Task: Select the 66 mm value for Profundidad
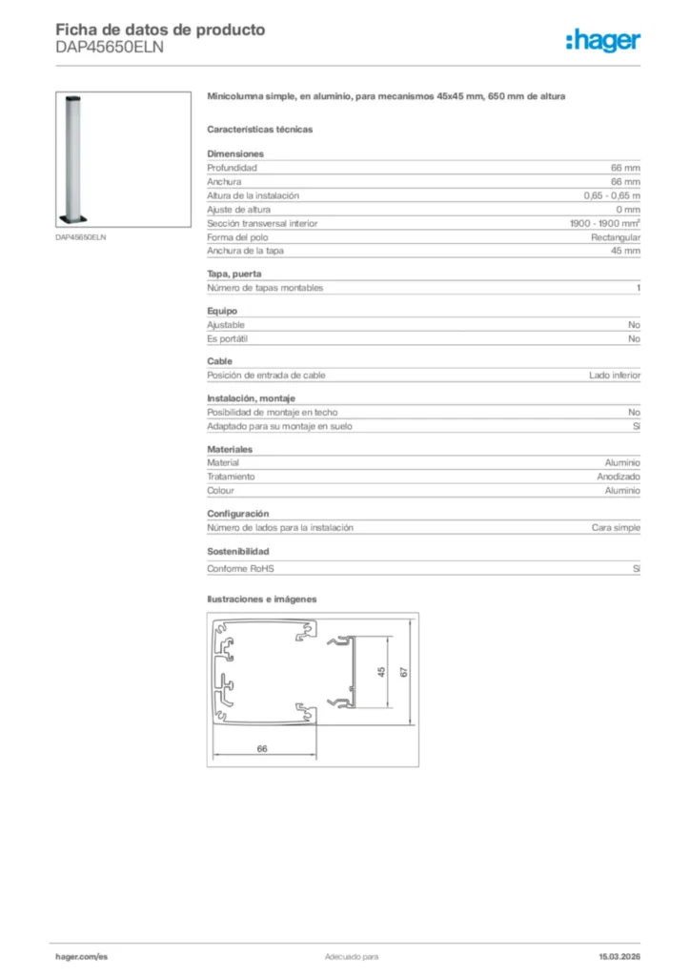coord(625,168)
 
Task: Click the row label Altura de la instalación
coord(253,195)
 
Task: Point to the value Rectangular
coord(616,237)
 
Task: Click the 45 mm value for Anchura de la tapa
coord(625,251)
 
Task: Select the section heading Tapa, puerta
coord(233,274)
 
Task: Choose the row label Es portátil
coord(229,338)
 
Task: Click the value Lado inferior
coord(615,375)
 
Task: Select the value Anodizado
coord(619,477)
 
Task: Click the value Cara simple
coord(616,527)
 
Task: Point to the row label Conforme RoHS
coord(240,569)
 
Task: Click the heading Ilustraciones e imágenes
coord(261,600)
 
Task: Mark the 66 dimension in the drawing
coord(262,748)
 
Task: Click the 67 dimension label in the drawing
coord(403,672)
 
